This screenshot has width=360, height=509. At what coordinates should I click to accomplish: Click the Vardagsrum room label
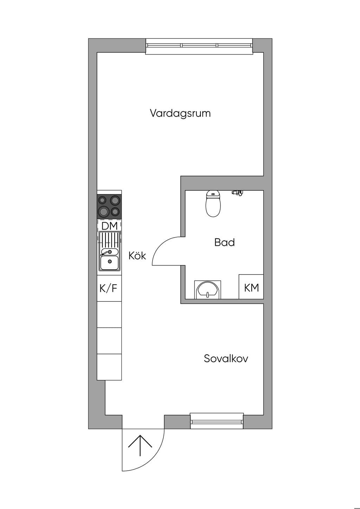180,113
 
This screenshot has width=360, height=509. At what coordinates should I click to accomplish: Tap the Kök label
137,256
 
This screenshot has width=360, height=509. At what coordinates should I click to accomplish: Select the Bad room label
224,243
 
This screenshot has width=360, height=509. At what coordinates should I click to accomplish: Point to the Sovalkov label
226,359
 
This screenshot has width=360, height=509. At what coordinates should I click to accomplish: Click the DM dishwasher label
109,226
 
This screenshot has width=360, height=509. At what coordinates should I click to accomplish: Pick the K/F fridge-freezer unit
109,288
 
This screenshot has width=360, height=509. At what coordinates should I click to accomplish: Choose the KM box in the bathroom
251,287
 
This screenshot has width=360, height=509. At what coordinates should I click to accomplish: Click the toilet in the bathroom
213,204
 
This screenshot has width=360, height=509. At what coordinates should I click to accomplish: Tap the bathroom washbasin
208,290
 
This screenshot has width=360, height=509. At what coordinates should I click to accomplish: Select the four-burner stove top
109,207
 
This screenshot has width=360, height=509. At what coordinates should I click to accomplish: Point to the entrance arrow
140,445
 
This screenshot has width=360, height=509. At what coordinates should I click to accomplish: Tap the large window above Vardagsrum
199,46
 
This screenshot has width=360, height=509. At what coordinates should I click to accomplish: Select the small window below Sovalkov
217,421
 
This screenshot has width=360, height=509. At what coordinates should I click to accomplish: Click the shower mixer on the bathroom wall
237,193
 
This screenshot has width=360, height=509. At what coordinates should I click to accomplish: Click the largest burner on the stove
103,211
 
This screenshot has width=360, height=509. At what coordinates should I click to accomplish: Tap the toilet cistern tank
213,194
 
